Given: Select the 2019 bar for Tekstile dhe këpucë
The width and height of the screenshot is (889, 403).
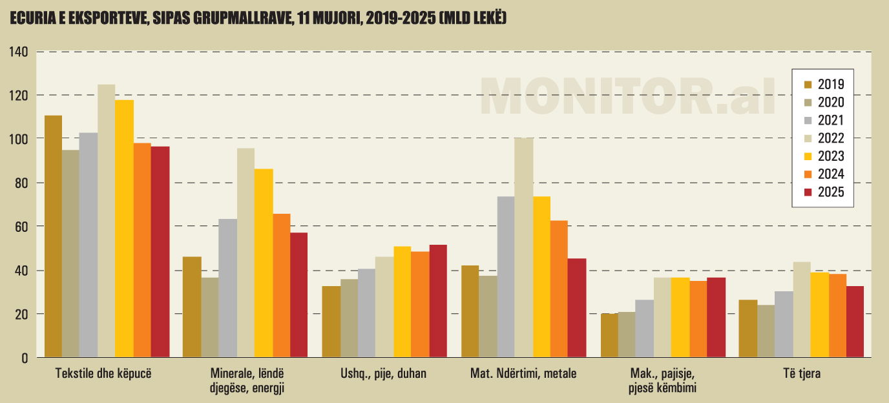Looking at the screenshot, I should coord(53,236).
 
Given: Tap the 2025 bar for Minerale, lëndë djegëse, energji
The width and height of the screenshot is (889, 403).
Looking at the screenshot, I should coord(298,294).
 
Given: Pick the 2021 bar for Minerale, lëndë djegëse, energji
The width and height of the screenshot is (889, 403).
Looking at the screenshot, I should coord(227,288).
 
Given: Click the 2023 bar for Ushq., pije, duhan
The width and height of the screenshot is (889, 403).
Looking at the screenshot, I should coord(402,302).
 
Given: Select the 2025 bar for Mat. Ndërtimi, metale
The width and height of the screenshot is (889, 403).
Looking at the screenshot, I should coord(577,307).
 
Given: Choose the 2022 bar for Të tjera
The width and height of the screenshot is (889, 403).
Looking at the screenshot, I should coord(802,309).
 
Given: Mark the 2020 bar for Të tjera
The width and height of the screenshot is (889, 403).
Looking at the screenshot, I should coord(766,331).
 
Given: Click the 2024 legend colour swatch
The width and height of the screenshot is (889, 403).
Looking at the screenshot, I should coord(808,174).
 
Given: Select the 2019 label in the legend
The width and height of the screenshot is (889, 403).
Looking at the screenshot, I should coord(831,84).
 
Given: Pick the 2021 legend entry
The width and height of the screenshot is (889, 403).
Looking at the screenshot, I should coord(831,120).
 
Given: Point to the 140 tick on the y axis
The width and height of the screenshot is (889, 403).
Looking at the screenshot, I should coord(19,52).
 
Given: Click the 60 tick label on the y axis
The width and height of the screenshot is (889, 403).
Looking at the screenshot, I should coord(21,227).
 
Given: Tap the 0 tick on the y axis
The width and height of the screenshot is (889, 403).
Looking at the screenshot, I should coord(26,358).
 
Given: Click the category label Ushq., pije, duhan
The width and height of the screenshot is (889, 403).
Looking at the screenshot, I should coord(384,373).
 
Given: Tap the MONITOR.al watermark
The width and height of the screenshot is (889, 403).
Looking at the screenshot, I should coord(627,96).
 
